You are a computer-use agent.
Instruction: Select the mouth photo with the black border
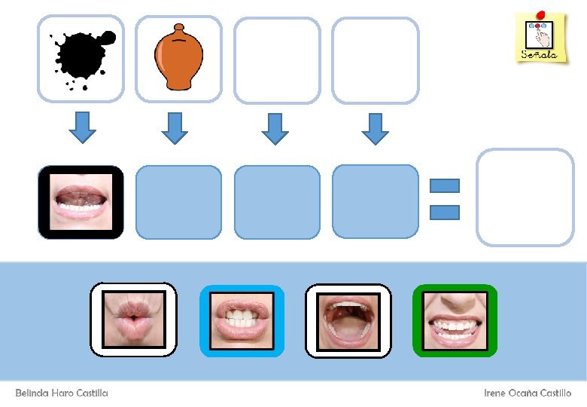81,202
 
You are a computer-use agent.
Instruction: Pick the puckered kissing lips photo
133,320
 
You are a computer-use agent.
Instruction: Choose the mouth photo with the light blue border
242,320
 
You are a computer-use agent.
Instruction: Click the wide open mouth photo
348,320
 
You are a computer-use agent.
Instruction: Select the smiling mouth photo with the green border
455,320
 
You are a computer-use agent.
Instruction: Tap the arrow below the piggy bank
174,127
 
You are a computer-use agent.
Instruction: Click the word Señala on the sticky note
540,55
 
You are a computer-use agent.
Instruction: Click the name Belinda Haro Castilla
62,393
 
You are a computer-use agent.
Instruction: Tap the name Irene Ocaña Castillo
528,393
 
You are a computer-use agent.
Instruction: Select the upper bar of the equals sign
444,185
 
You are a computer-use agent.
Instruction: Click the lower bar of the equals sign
444,213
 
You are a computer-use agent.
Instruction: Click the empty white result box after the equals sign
525,197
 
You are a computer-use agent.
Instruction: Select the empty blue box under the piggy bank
179,202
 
